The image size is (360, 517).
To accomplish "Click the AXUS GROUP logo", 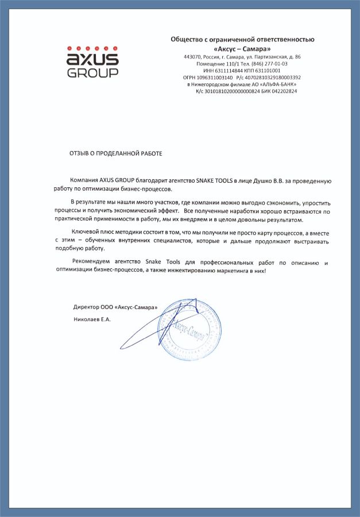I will click(x=92, y=61).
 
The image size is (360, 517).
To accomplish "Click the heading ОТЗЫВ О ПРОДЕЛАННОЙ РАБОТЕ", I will click(x=116, y=153).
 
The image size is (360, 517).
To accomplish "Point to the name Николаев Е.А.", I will click(x=92, y=318).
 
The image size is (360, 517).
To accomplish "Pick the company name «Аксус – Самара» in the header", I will click(x=243, y=48).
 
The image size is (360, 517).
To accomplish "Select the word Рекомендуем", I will click(x=90, y=263).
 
